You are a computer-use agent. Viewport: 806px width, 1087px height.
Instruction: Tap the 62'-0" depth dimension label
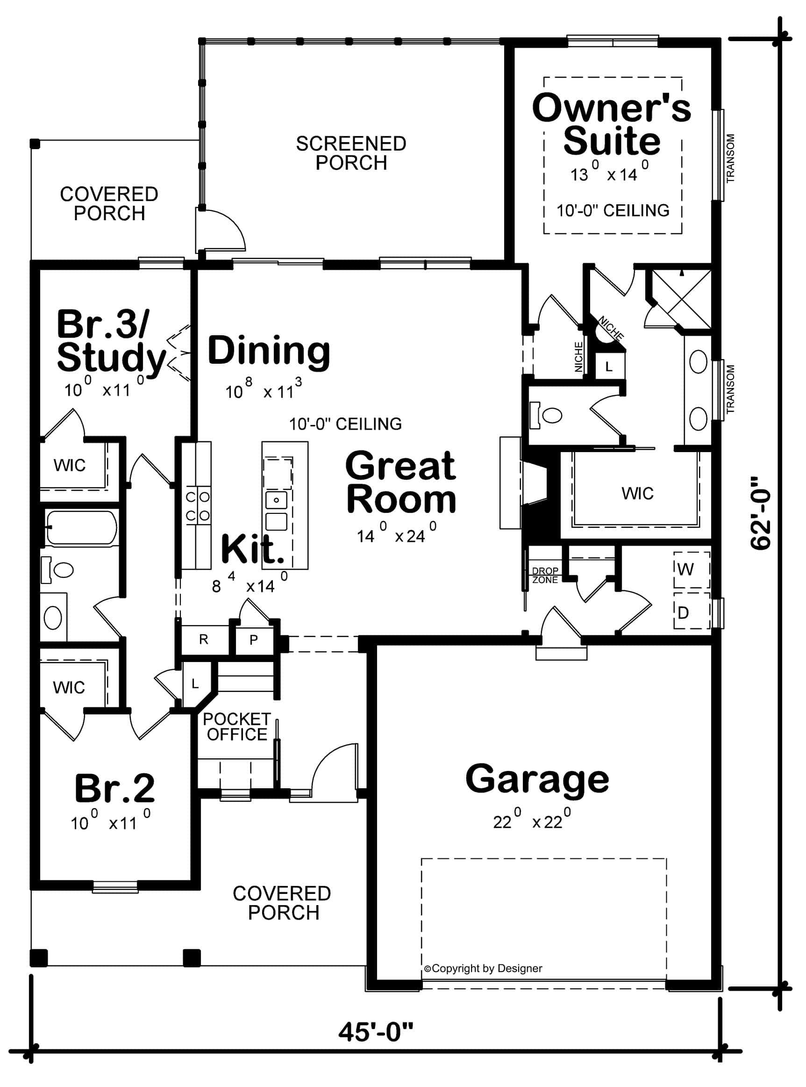(761, 513)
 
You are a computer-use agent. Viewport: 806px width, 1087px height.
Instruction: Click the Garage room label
(537, 779)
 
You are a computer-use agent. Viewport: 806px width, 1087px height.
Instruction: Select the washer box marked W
(691, 569)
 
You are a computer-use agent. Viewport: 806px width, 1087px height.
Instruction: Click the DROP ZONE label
(544, 576)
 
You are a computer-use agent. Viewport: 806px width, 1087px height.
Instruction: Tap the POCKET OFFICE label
(236, 727)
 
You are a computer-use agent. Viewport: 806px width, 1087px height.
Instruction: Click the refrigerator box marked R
(204, 640)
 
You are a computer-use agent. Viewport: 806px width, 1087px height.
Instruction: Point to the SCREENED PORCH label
(351, 153)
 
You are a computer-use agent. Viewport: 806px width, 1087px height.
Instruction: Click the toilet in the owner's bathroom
(549, 415)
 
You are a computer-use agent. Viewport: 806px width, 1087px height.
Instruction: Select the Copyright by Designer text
(483, 969)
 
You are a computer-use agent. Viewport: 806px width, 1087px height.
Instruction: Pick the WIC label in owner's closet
(637, 493)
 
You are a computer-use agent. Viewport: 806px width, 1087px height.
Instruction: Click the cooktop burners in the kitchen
(198, 506)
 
